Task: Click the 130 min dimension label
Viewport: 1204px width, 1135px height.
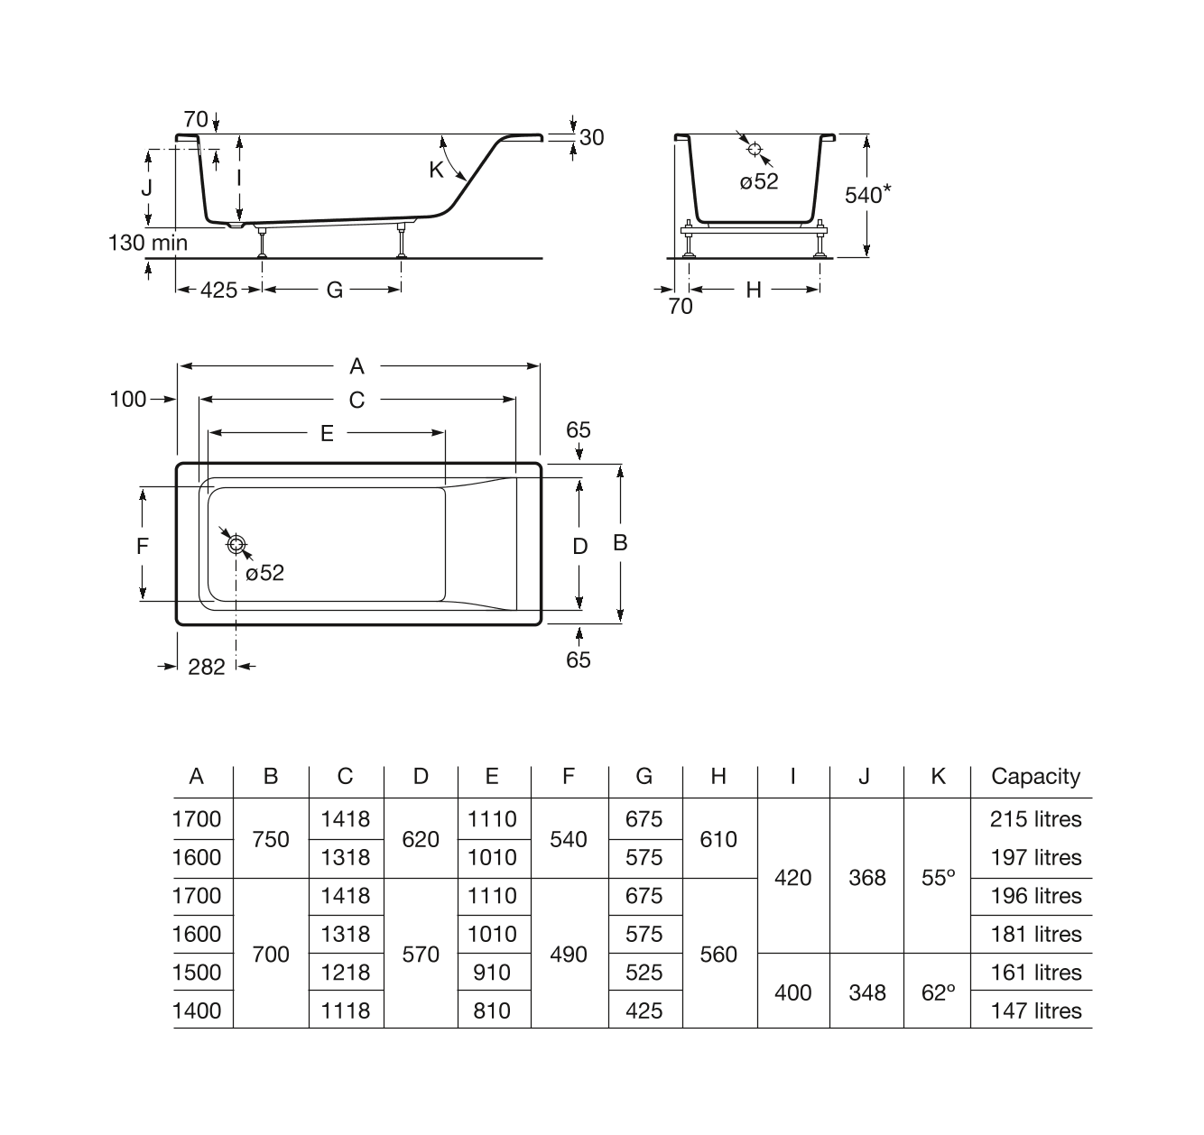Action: pos(148,243)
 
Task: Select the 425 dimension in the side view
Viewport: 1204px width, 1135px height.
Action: pos(218,291)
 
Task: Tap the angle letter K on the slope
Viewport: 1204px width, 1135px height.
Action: pos(437,170)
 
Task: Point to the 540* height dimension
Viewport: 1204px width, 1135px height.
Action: pos(868,195)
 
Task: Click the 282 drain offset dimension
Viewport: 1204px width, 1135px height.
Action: pos(207,667)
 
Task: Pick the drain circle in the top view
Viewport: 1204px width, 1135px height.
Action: pos(236,544)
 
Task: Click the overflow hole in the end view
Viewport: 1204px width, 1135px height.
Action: pos(755,149)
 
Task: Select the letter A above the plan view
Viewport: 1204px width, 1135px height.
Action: pos(357,366)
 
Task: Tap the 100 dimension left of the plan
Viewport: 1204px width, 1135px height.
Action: pos(128,399)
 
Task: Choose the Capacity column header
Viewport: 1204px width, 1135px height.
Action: pos(1035,776)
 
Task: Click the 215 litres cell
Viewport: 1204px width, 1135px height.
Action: pos(1035,819)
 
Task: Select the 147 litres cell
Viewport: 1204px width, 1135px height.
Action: pos(1035,1010)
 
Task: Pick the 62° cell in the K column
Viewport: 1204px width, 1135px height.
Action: pos(938,992)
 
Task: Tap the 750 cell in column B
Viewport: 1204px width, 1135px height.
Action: pos(271,839)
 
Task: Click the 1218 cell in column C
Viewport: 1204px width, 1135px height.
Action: pos(346,973)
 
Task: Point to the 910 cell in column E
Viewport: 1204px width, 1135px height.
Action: pos(492,973)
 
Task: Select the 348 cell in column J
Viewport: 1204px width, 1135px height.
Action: pos(867,992)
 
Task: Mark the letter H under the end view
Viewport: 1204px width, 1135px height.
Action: pos(754,291)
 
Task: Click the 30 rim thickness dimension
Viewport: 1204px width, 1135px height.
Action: pos(592,138)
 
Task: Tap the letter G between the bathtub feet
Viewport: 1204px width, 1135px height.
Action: pos(335,291)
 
